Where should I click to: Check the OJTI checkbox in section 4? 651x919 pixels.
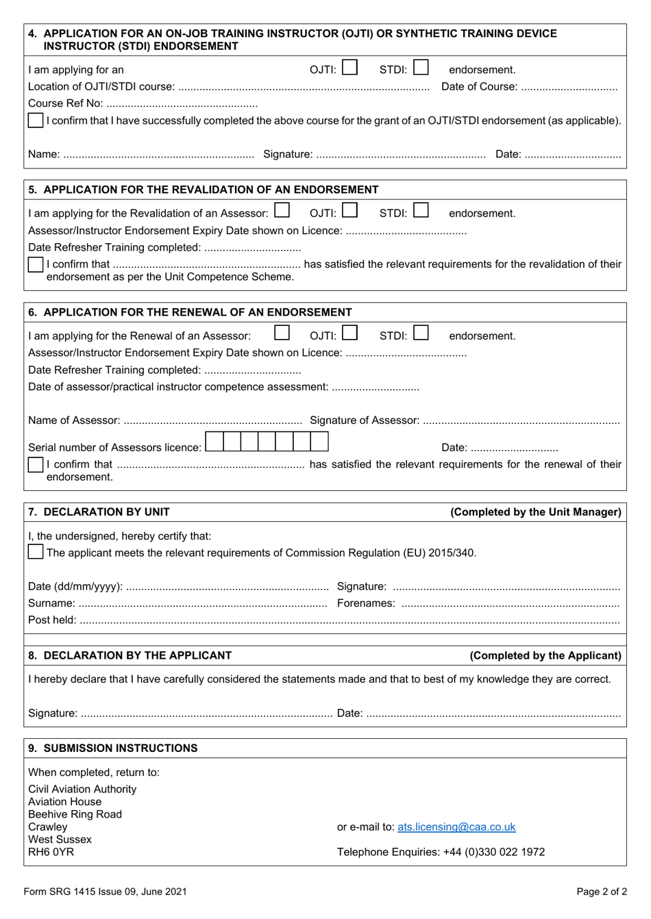click(349, 68)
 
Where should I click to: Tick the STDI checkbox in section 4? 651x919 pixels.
click(421, 68)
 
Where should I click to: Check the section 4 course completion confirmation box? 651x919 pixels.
click(36, 121)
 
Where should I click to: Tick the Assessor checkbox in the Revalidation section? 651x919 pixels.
click(282, 211)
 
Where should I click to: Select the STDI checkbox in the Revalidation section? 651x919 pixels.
click(421, 211)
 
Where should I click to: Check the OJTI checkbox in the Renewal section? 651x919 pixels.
click(349, 333)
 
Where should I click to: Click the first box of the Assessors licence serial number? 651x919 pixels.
click(214, 442)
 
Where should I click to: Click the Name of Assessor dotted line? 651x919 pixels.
click(212, 421)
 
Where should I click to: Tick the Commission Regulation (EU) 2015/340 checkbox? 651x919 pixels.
click(36, 552)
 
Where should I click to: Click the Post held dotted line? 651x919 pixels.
click(349, 621)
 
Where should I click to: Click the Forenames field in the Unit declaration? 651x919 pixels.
click(510, 604)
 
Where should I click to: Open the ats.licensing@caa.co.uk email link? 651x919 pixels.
click(456, 827)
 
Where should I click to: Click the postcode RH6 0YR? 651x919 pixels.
click(51, 853)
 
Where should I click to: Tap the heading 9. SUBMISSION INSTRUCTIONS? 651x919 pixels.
click(113, 748)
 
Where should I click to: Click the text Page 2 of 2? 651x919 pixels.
click(602, 892)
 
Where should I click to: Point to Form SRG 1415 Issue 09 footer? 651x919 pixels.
click(105, 892)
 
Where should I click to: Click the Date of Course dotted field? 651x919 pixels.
click(569, 88)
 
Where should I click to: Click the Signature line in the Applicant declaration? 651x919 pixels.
click(206, 714)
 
